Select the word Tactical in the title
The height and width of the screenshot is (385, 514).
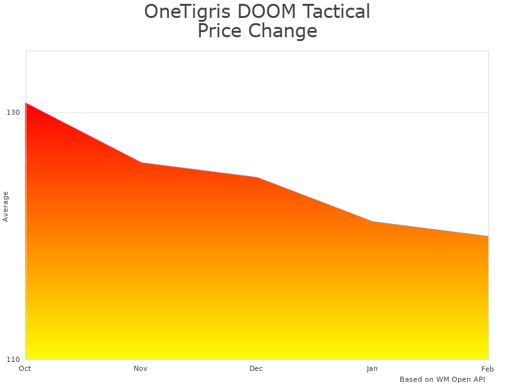[x=339, y=12]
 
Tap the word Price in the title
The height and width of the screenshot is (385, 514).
[x=220, y=31]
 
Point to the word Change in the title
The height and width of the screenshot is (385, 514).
[x=283, y=31]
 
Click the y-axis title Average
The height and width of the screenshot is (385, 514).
[x=6, y=206]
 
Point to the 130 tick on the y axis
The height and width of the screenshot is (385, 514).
[x=13, y=112]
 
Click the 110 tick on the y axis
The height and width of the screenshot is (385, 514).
[x=13, y=359]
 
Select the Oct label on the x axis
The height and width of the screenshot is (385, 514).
[x=25, y=368]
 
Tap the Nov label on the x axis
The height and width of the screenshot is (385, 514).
[x=141, y=368]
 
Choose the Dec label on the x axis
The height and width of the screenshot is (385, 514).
[x=256, y=368]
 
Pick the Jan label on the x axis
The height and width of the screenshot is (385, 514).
[x=372, y=368]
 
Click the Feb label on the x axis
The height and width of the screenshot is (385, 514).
[x=488, y=368]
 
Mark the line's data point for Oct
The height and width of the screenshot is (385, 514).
[x=26, y=103]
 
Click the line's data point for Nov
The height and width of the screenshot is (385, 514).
[x=141, y=163]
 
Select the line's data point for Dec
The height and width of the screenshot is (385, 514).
[x=257, y=177]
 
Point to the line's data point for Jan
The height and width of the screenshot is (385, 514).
[x=373, y=222]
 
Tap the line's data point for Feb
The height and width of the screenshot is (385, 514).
[x=488, y=237]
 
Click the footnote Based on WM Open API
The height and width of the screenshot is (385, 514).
[x=442, y=379]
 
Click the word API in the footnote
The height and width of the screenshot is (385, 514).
[x=478, y=379]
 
